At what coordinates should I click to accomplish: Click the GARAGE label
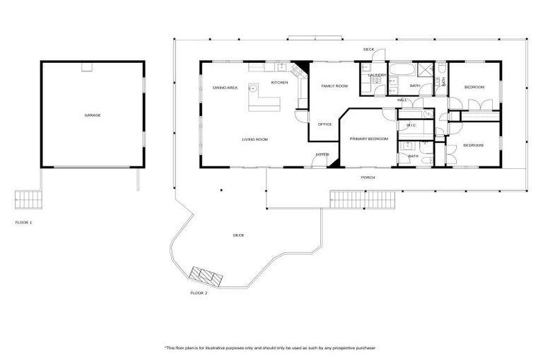(x=92, y=115)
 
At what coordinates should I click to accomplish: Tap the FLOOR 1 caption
(x=23, y=222)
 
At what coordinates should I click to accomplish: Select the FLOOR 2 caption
(x=199, y=292)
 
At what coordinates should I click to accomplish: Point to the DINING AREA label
(x=225, y=88)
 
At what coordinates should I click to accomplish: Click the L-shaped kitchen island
(x=265, y=103)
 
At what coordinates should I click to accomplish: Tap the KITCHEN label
(x=279, y=83)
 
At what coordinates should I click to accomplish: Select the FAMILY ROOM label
(x=334, y=86)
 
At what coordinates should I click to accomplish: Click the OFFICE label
(x=325, y=124)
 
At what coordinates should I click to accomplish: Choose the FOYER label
(x=322, y=154)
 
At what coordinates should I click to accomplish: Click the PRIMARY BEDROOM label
(x=368, y=139)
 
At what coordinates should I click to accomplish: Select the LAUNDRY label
(x=376, y=75)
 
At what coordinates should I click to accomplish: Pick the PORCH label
(x=368, y=177)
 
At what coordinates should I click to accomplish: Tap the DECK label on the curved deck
(x=238, y=235)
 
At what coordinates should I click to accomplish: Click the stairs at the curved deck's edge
(x=207, y=275)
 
